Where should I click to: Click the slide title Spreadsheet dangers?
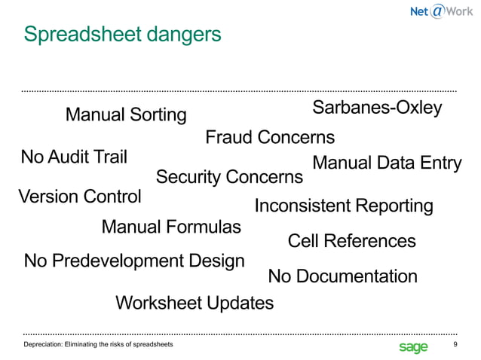tap(122, 35)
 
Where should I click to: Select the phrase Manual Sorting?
tap(126, 115)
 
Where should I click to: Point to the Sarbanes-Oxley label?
tap(377, 108)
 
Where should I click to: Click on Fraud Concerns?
tap(270, 138)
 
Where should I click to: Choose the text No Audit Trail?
tap(74, 157)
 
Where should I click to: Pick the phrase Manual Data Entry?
tap(386, 163)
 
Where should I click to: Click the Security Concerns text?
tap(229, 177)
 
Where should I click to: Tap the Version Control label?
tap(79, 197)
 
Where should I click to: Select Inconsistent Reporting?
tap(344, 206)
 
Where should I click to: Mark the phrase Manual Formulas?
tap(171, 227)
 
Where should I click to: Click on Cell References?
tap(351, 241)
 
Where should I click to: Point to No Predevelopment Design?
tap(134, 261)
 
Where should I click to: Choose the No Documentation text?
tap(342, 276)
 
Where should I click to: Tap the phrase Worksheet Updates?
tap(195, 303)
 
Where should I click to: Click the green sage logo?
tap(412, 346)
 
